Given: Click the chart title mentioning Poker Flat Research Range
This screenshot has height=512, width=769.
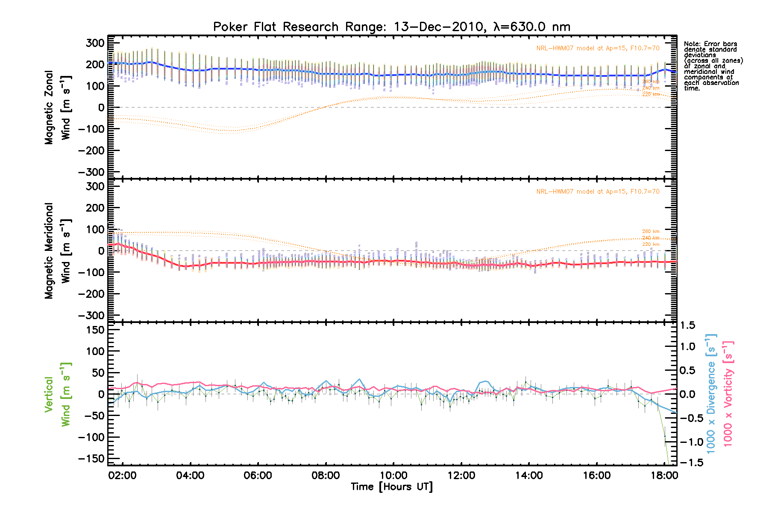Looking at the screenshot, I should (x=391, y=27).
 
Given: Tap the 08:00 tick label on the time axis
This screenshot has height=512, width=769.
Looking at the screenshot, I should (x=326, y=475).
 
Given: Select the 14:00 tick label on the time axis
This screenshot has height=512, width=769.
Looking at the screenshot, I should (x=529, y=475).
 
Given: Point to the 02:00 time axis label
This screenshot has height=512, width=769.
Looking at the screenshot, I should (x=123, y=475).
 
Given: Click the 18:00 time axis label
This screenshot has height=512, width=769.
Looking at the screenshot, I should (x=664, y=475).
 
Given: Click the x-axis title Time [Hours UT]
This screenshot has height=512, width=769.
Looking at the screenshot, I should (x=391, y=487).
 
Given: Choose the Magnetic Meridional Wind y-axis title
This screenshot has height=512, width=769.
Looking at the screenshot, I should (x=58, y=251).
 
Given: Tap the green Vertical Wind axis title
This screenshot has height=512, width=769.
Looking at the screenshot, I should (x=57, y=394).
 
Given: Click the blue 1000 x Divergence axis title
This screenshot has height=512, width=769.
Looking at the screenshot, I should (x=711, y=393).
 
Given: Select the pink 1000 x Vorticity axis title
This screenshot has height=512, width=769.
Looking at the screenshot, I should (x=728, y=393).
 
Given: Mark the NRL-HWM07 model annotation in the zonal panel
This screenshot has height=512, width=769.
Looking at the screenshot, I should (x=598, y=48).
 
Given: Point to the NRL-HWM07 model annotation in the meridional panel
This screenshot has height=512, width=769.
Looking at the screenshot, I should (x=598, y=192).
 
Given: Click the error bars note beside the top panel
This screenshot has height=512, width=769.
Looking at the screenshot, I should (x=713, y=66).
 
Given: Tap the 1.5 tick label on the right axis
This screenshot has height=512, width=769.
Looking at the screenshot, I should (x=687, y=325).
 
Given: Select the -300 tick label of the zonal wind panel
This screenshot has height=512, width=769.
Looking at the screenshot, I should (x=91, y=172).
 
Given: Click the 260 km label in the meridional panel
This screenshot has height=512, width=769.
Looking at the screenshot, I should (x=651, y=231).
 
